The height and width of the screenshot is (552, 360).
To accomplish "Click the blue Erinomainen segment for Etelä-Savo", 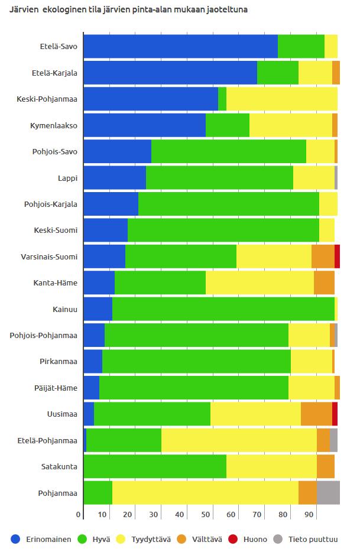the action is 181,47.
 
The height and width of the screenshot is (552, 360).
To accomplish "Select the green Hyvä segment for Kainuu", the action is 223,309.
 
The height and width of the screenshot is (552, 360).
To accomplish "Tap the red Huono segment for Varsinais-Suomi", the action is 337,256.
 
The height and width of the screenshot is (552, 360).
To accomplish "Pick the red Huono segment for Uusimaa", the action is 335,414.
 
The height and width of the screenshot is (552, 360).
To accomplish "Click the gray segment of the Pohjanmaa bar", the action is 328,493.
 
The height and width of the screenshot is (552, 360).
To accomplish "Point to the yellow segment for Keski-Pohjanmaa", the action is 282,99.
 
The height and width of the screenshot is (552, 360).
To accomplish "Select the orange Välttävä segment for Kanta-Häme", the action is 324,283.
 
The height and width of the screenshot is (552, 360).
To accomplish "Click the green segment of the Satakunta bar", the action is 155,466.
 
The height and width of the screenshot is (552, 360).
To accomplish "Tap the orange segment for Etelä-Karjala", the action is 336,73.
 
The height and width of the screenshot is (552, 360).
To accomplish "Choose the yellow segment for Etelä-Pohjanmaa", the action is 239,440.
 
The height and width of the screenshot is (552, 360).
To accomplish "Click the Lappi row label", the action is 67,178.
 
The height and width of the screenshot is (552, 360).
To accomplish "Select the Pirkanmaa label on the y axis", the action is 59,362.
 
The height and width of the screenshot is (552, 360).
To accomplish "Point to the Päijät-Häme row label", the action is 56,388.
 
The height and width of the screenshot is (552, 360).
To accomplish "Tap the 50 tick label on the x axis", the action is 205,515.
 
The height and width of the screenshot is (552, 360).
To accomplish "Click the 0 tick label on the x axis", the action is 78,515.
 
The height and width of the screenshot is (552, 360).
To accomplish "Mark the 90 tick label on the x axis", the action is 309,515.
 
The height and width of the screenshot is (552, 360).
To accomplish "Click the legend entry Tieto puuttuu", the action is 306,540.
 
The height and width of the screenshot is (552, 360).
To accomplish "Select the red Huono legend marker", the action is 233,539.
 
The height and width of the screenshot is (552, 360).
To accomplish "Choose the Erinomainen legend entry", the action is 41,540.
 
